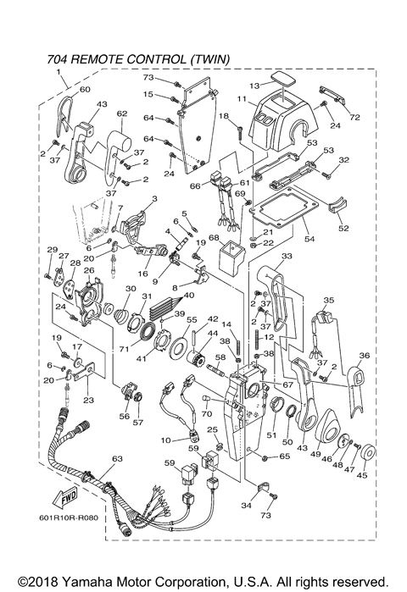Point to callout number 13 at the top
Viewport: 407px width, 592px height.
[254, 86]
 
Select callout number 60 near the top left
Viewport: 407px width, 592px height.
[84, 89]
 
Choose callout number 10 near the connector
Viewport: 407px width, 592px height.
[167, 439]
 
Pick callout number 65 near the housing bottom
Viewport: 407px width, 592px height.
[285, 456]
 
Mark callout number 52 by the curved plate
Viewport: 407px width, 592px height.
[343, 228]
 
